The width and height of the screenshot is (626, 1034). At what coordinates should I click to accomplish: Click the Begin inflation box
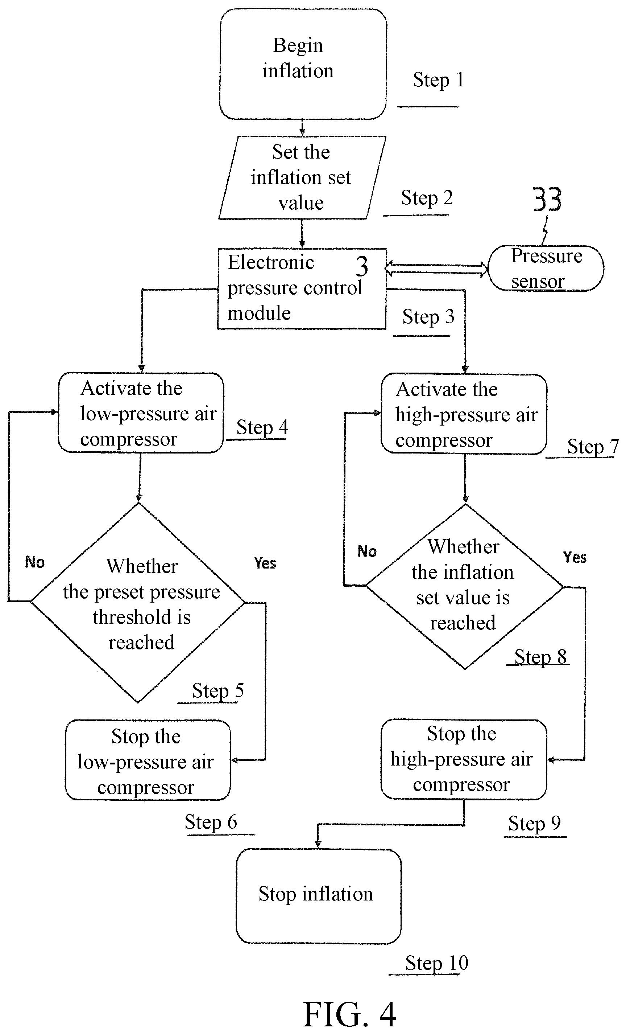click(303, 64)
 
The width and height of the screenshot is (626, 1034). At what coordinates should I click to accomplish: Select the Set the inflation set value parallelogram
click(302, 177)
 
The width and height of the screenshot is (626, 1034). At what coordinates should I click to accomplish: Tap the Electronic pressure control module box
click(302, 289)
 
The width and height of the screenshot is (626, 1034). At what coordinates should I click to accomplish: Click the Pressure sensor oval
click(546, 268)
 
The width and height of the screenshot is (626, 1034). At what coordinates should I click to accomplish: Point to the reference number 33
click(547, 200)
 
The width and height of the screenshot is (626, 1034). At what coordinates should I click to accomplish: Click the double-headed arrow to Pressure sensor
click(436, 268)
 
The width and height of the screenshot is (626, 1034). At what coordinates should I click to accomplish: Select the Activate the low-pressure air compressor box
click(141, 413)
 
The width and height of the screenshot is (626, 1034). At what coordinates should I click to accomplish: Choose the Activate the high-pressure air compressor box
click(464, 414)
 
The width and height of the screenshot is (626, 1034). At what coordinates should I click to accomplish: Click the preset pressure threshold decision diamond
click(137, 603)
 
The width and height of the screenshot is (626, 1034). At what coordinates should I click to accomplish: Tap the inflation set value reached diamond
click(465, 586)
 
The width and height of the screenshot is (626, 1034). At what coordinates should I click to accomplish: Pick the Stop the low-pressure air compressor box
click(148, 760)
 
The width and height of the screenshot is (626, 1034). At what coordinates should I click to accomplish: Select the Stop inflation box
click(319, 896)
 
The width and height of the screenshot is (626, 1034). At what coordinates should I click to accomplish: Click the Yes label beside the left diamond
click(265, 563)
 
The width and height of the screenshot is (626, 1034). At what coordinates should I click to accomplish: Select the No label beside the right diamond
click(367, 551)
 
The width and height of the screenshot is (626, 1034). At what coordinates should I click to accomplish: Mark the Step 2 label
click(427, 198)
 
